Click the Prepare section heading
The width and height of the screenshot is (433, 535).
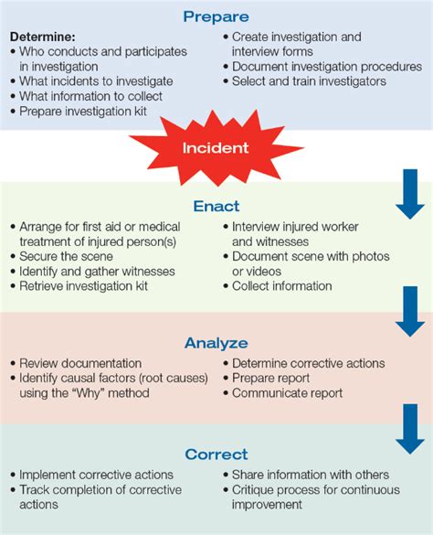pos(216,16)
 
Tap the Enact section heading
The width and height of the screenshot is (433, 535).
pos(216,206)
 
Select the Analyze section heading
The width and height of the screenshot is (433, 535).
pos(216,343)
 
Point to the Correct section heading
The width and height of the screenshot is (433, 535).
pos(216,455)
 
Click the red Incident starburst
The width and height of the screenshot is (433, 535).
pos(216,148)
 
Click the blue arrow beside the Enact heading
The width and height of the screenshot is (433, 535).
pos(410,194)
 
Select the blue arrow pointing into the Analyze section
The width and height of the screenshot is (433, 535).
pos(410,312)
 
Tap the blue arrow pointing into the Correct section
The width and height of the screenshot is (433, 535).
pos(410,429)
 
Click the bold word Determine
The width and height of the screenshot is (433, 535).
pos(43,37)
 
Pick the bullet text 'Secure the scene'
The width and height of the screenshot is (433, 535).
pos(66,256)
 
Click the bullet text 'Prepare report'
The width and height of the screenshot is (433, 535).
pos(270,378)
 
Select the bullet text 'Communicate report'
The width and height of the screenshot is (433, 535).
pos(287,393)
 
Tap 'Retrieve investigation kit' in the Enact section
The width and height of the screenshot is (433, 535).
pos(83,286)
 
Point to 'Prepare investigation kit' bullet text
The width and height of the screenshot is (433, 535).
pos(83,112)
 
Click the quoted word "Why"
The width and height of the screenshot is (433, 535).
pos(88,393)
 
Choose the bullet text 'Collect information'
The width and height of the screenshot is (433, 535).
pos(282,286)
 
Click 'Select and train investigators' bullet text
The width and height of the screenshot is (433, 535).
pos(309,81)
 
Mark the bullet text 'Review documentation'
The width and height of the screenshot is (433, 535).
pos(80,363)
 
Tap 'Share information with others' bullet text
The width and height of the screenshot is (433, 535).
pos(311,475)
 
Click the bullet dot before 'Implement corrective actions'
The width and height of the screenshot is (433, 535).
pos(13,475)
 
